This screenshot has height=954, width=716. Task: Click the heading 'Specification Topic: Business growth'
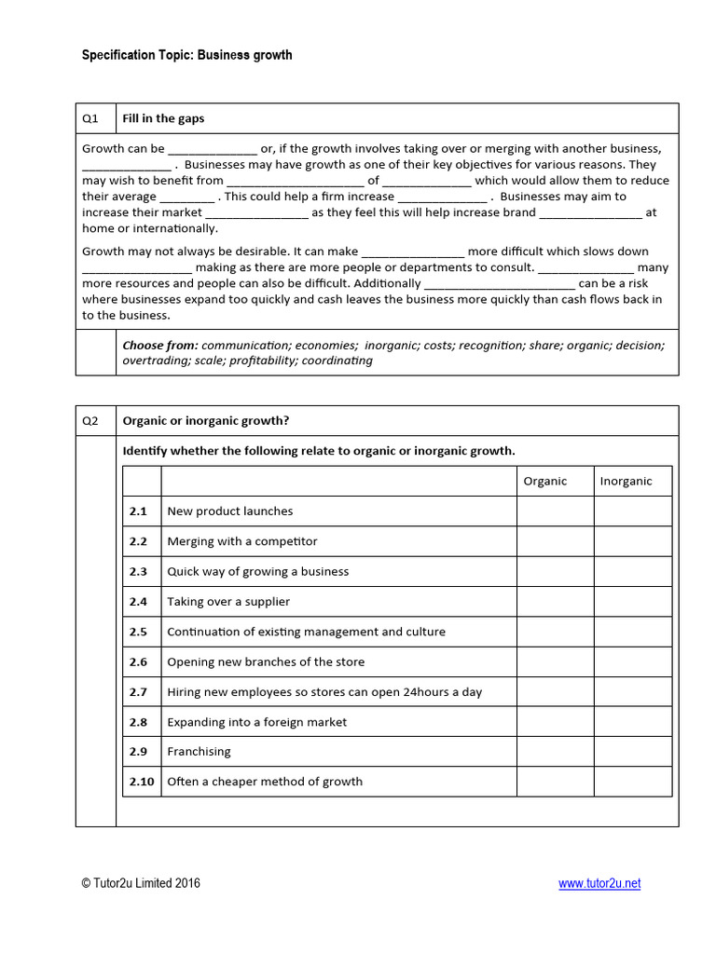pos(186,55)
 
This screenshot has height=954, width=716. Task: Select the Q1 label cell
pos(95,118)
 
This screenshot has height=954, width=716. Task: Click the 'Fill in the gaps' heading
pos(164,118)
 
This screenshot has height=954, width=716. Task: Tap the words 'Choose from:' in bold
pos(160,345)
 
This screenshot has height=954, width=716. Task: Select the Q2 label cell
pos(95,420)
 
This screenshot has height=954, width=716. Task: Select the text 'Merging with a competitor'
pos(242,541)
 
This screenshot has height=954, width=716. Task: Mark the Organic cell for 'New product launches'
pos(555,511)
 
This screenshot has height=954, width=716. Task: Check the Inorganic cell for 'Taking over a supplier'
pos(632,602)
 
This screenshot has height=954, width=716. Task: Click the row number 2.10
pos(142,782)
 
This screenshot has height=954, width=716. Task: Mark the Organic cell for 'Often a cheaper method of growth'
pos(555,782)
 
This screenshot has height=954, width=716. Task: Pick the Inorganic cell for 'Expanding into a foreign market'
pos(632,722)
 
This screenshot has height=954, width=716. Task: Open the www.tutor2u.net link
pos(599,884)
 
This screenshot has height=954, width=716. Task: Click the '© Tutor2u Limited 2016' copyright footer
pos(140,884)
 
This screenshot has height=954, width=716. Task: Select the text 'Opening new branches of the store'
pos(266,661)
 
